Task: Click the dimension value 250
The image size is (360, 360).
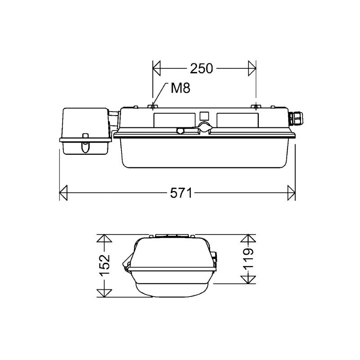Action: [x=201, y=69]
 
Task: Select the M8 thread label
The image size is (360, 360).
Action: [x=180, y=88]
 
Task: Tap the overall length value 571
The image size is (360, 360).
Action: [x=181, y=193]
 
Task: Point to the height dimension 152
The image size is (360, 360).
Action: [x=104, y=265]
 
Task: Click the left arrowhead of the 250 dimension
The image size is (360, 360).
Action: [x=157, y=69]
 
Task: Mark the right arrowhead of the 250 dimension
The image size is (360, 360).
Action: [x=252, y=69]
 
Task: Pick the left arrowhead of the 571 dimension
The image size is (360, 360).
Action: [x=63, y=193]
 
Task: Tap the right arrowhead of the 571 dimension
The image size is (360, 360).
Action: [x=292, y=193]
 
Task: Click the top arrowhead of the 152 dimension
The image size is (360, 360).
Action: [x=104, y=238]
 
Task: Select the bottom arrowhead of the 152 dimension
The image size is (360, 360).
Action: [x=104, y=292]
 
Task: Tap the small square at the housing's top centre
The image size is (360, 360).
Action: [x=204, y=115]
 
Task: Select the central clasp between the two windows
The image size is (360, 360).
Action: [x=205, y=127]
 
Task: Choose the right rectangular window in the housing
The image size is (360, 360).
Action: [x=237, y=120]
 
